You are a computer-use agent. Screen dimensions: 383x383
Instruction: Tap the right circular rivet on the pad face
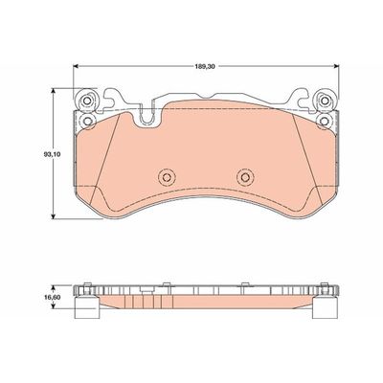point(242,177)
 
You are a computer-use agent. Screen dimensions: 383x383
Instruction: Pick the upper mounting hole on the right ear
point(324,102)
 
